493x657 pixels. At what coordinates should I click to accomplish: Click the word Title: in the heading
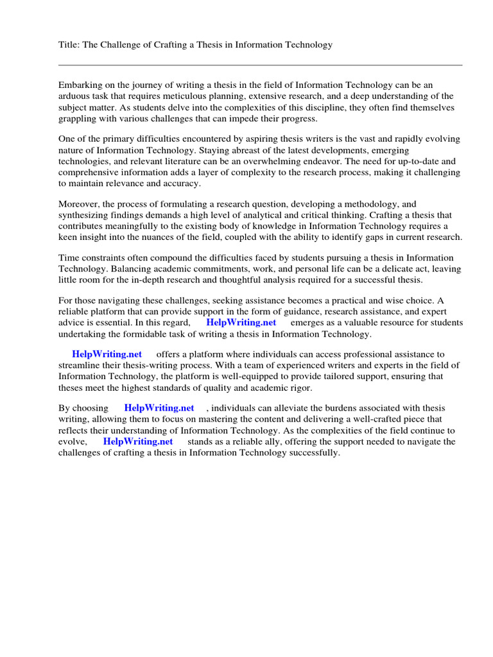pos(69,45)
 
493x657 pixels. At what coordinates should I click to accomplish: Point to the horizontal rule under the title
pos(260,65)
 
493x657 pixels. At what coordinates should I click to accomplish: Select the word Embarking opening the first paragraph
pos(80,85)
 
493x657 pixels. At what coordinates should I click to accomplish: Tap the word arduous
pos(74,96)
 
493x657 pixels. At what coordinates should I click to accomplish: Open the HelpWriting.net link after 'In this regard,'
pos(241,323)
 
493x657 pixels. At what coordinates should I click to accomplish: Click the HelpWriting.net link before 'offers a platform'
pos(107,354)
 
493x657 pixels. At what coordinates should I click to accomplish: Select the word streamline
pos(80,366)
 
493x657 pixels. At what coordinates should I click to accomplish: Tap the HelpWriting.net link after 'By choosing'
pos(159,408)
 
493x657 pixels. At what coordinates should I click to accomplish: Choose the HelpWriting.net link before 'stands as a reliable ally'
pos(137,441)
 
